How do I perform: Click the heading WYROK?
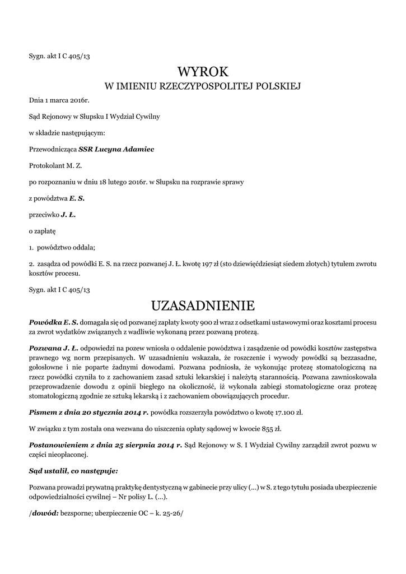pyautogui.click(x=203, y=72)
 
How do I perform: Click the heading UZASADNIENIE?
pyautogui.click(x=203, y=305)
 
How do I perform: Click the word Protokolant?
pyautogui.click(x=47, y=166)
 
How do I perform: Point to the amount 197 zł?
pyautogui.click(x=211, y=263)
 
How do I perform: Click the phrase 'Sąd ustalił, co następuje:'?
pyautogui.click(x=73, y=471)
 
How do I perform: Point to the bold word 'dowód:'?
pyautogui.click(x=45, y=512)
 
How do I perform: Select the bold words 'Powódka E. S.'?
pyautogui.click(x=54, y=323)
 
